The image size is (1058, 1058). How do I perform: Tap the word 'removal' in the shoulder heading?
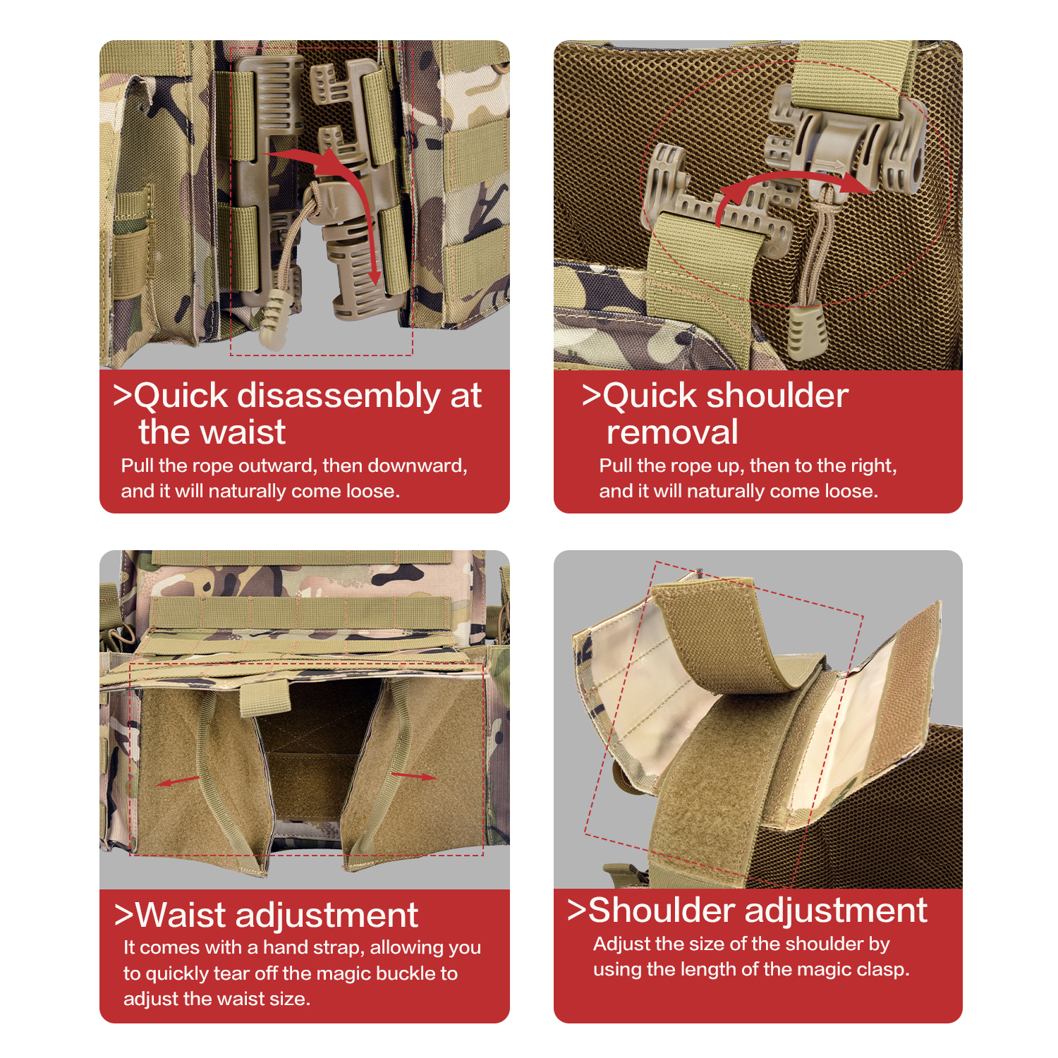(x=672, y=432)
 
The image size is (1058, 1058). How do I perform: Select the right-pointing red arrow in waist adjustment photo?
(x=414, y=776)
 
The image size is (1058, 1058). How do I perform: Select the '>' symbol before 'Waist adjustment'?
(x=123, y=915)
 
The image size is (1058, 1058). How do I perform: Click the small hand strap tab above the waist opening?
(x=264, y=698)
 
